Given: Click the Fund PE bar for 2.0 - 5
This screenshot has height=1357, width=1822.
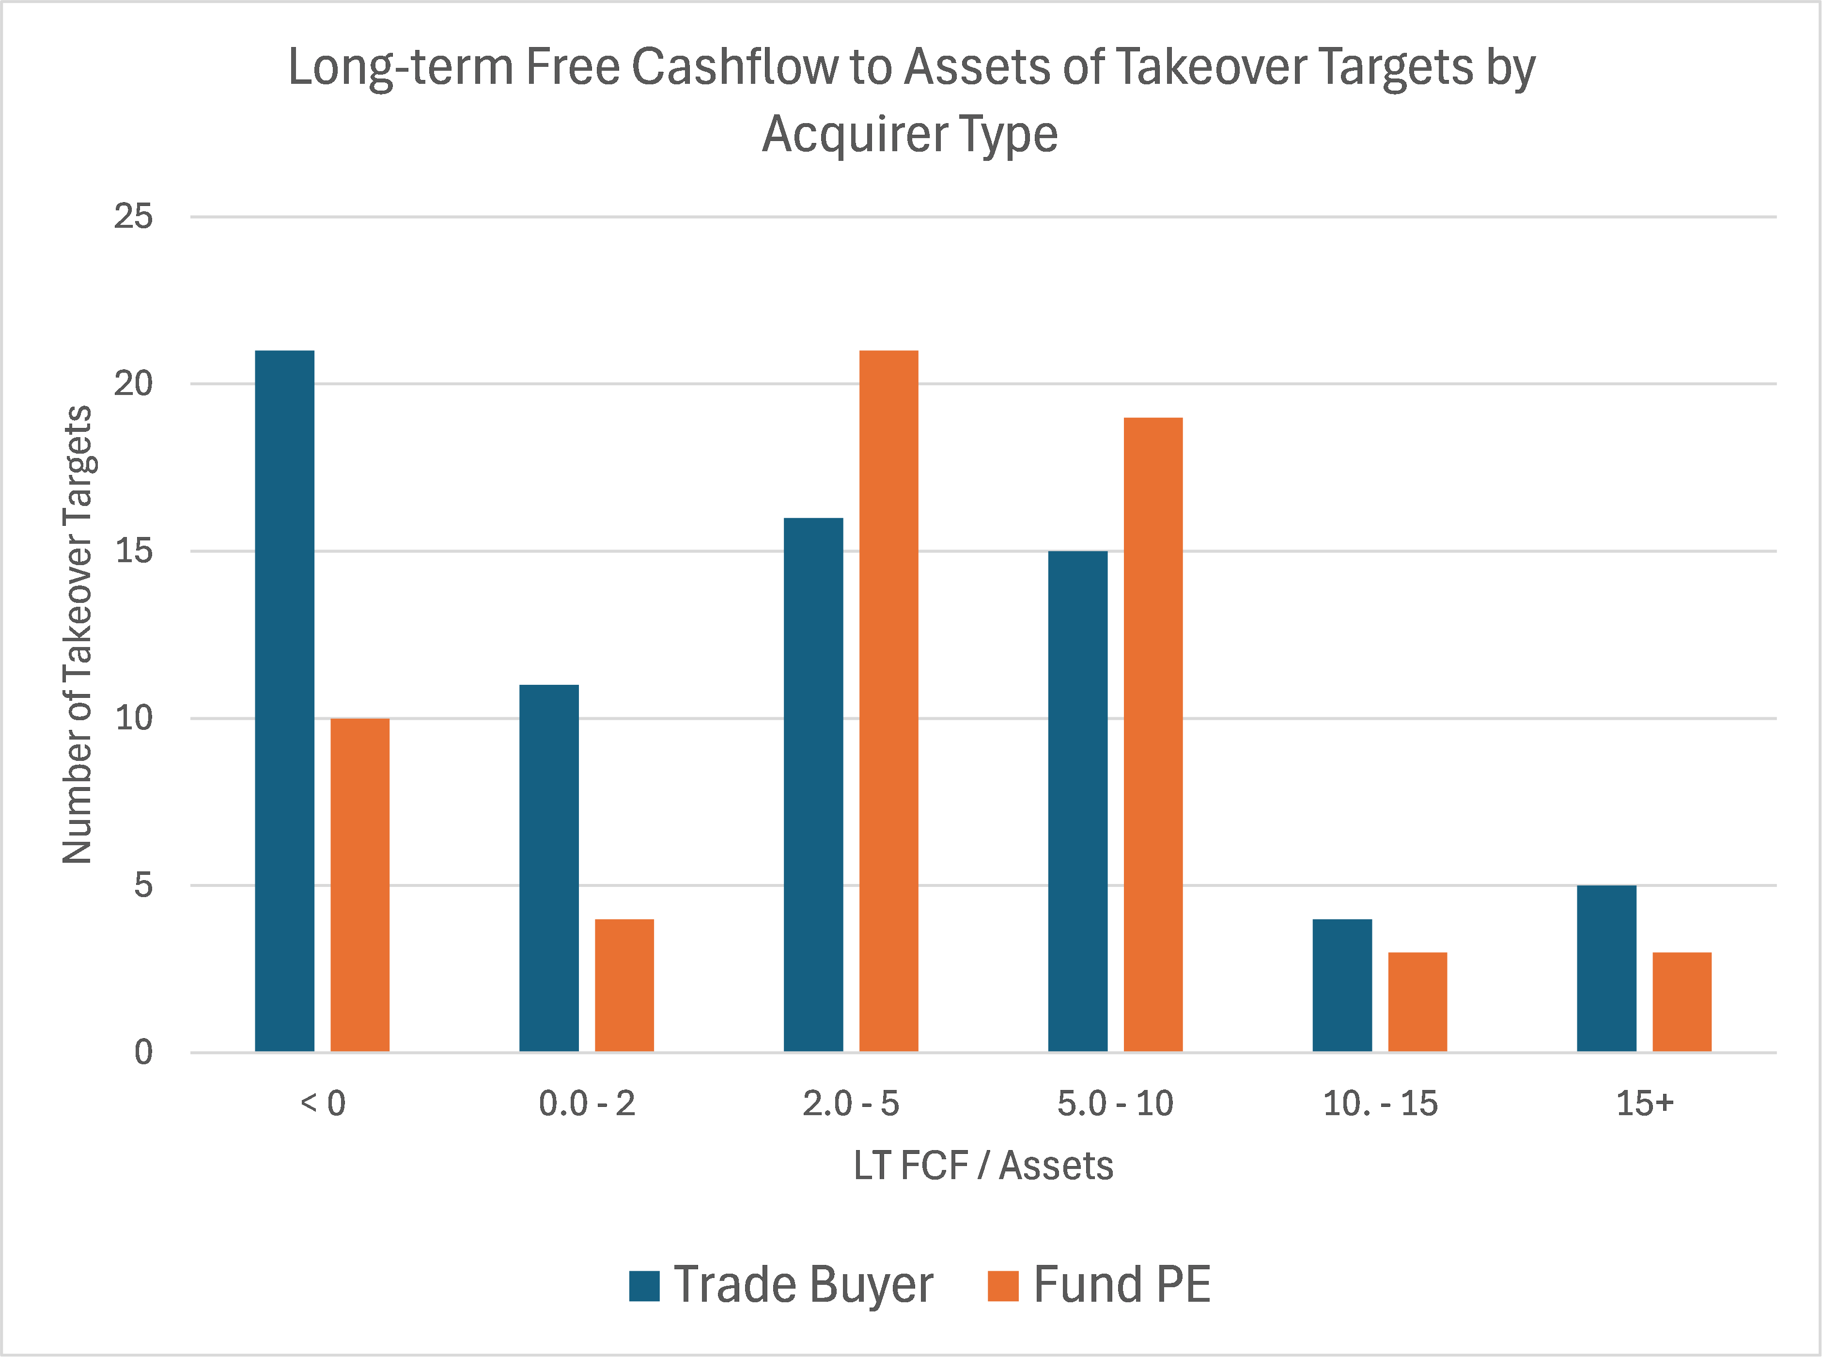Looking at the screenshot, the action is point(888,701).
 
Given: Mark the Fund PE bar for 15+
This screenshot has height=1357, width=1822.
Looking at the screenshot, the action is point(1682,1002).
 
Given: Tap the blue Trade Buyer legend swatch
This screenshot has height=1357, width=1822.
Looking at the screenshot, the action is point(645,1286).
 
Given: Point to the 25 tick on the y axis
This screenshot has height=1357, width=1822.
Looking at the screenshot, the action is point(133,217).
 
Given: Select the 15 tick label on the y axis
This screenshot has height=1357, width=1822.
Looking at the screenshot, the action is point(133,551).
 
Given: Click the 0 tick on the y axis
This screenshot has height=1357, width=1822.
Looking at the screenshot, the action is point(144,1052).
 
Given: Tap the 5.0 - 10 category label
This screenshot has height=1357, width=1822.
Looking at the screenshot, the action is point(1115,1103).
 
